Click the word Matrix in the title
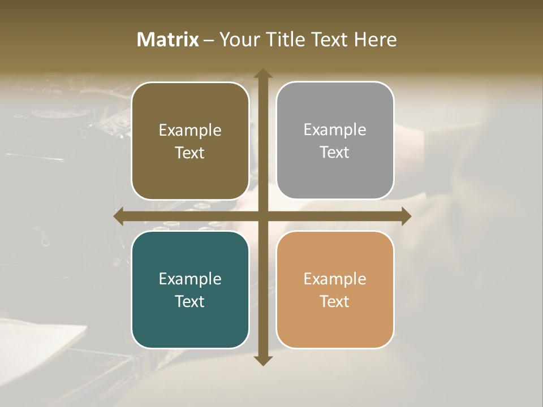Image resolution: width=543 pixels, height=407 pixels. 168,40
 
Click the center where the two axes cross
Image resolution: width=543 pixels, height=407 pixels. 262,217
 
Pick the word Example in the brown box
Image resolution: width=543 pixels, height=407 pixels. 190,131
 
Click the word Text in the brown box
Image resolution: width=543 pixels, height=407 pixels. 190,153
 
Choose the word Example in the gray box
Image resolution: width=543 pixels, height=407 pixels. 335,130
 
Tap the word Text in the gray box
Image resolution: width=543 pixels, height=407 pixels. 335,152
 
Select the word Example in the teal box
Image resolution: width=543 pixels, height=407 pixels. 190,279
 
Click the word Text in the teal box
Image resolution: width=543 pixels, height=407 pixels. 190,301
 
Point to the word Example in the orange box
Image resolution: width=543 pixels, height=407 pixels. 335,279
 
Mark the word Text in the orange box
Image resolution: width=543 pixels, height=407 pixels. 335,301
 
